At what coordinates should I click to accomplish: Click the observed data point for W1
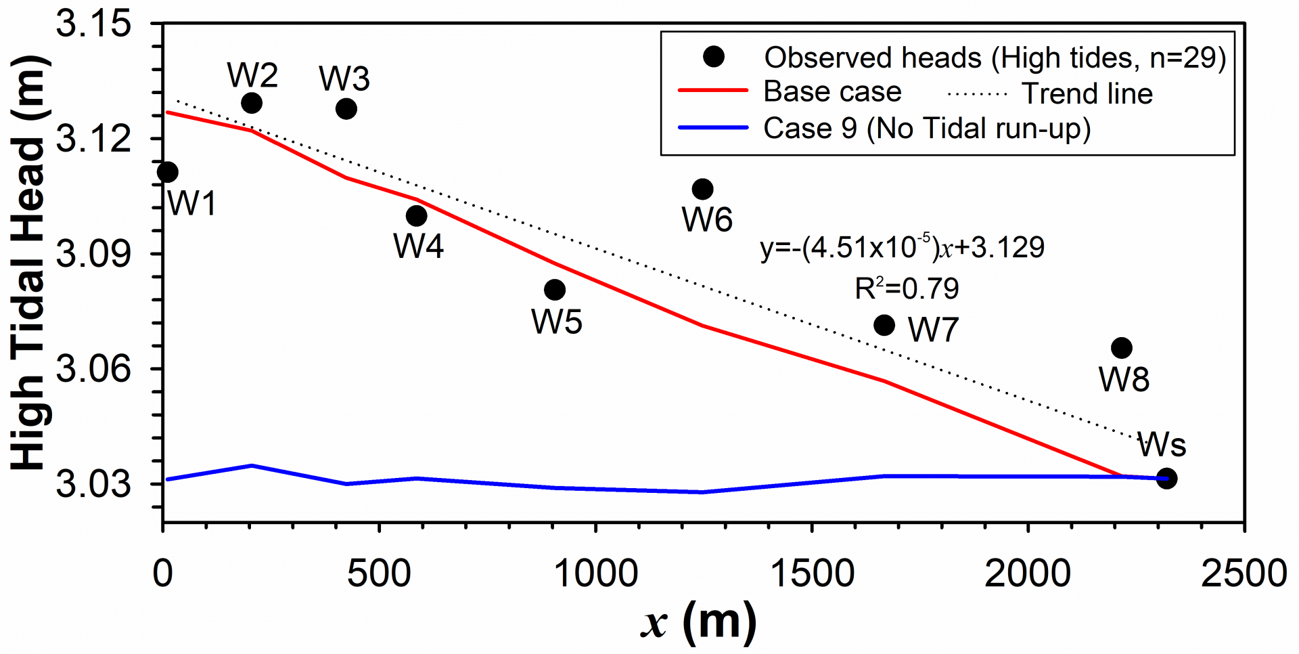[x=167, y=172]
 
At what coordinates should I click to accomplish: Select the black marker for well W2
[x=252, y=103]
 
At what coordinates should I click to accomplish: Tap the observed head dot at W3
[x=346, y=108]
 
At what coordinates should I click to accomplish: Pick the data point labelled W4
[x=417, y=216]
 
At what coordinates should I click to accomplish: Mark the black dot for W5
[x=555, y=290]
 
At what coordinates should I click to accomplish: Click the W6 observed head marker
[x=703, y=189]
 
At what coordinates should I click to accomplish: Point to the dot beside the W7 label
[x=884, y=326]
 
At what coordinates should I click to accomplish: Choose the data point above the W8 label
[x=1122, y=348]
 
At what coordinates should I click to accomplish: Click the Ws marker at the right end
[x=1166, y=479]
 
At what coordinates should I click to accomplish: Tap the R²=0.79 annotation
[x=907, y=289]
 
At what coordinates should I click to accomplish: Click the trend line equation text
[x=903, y=248]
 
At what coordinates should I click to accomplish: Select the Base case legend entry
[x=832, y=92]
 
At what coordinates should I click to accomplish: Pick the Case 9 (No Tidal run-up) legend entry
[x=927, y=129]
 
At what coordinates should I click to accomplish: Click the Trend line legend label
[x=1087, y=93]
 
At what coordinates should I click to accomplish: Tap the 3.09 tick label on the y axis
[x=93, y=255]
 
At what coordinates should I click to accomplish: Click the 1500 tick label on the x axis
[x=812, y=573]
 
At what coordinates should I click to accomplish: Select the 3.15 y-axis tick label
[x=93, y=24]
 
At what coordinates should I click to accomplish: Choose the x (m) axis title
[x=698, y=622]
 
